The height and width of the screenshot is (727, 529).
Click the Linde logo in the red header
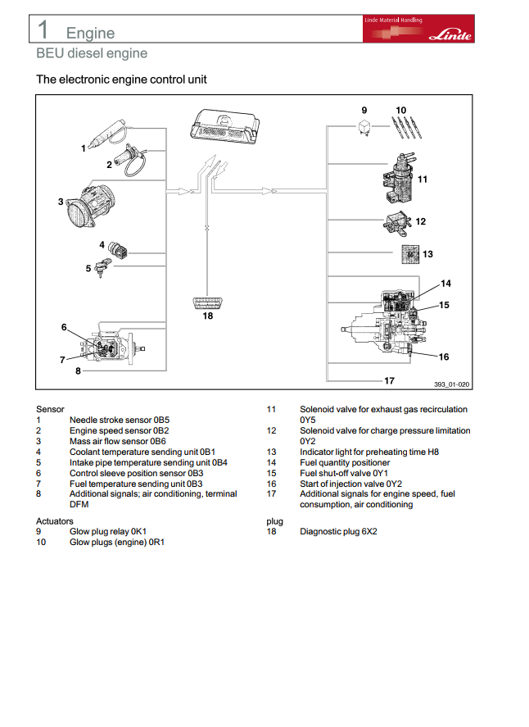point(450,35)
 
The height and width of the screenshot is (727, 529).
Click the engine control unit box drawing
point(224,126)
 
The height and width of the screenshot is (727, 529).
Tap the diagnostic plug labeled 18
point(207,304)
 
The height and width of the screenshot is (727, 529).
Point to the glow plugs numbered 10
point(407,128)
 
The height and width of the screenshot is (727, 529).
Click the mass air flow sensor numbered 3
point(91,206)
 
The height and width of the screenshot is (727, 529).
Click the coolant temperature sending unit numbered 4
point(117,250)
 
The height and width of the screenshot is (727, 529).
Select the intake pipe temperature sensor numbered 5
point(102,267)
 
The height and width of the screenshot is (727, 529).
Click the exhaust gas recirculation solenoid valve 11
point(399,178)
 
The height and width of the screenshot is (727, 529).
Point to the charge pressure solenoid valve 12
point(396,223)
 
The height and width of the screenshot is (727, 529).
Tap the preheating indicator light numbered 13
point(410,255)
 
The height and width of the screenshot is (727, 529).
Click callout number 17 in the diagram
point(389,380)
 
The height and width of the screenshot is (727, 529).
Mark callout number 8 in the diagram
point(78,371)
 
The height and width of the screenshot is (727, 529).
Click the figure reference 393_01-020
point(451,384)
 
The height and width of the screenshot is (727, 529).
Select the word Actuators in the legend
point(55,521)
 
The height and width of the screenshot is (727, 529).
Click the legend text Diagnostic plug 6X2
point(338,531)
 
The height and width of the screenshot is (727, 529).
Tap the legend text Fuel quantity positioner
point(345,463)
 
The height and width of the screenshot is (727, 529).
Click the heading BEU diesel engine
point(92,53)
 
